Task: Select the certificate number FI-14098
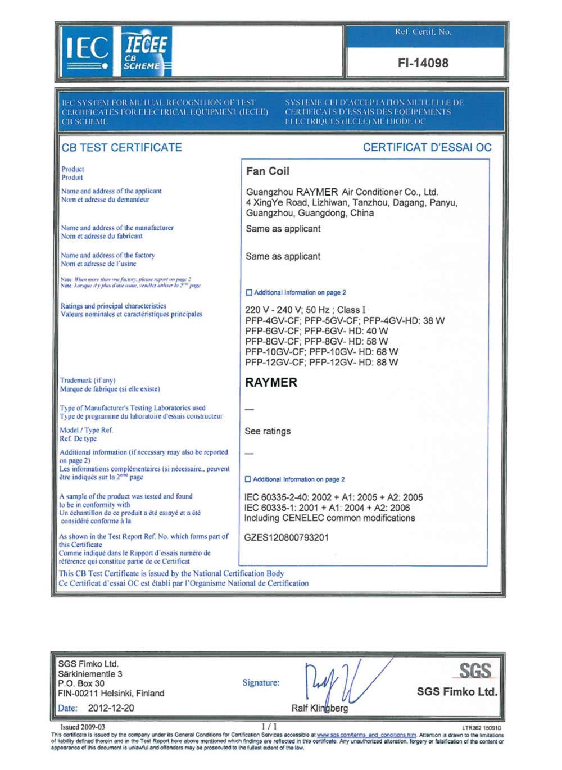coord(423,63)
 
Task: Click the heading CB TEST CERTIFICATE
coord(122,148)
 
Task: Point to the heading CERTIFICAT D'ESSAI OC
coord(427,148)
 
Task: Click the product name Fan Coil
coord(268,171)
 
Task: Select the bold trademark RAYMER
coord(271,383)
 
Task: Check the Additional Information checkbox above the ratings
coord(249,293)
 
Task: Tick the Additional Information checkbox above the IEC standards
coord(248,479)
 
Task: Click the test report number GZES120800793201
coord(287,537)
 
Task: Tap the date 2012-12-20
coord(111,708)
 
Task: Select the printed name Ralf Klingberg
coord(319,708)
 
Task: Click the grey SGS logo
coord(475,671)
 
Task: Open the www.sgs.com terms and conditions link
coord(366,735)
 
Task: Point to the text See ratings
coord(268,431)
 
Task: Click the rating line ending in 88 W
coord(321,363)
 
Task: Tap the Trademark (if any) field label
coord(88,381)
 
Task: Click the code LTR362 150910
coord(482,728)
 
